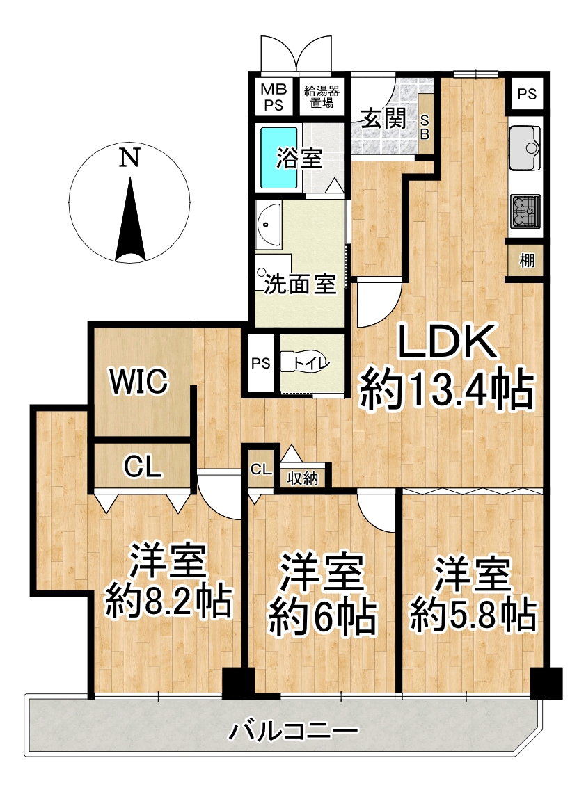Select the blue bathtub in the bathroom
(279, 157)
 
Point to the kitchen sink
(525, 148)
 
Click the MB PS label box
(274, 97)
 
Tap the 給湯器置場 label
(322, 97)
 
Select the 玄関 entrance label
(383, 120)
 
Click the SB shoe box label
(425, 127)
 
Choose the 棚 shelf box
(526, 261)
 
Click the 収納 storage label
(303, 478)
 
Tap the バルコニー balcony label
(294, 730)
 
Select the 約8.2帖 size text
(168, 601)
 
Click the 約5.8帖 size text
(473, 615)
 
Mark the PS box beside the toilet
(261, 363)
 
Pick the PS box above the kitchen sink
(527, 94)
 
